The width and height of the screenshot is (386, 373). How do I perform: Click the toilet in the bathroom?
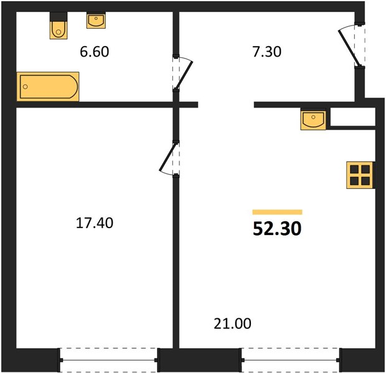(59, 25)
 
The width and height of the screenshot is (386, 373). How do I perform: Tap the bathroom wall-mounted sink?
(96, 21)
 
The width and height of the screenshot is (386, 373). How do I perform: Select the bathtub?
(48, 86)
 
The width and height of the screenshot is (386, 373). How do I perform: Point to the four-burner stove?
(360, 175)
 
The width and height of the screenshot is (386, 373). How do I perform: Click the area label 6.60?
(94, 52)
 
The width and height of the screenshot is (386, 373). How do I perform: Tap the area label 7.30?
(267, 52)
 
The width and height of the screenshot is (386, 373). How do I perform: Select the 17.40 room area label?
(95, 223)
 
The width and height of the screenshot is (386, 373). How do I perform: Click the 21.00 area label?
(232, 324)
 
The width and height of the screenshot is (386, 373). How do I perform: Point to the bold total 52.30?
(277, 229)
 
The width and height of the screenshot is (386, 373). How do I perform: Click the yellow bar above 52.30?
(278, 212)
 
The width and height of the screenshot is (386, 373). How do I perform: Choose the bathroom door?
(182, 73)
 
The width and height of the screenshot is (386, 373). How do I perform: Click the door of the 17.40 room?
(169, 159)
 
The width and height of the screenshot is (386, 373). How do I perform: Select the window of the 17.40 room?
(108, 360)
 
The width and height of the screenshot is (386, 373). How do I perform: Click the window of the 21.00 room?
(291, 360)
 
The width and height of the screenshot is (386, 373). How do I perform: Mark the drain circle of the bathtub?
(25, 86)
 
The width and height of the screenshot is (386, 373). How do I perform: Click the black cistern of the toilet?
(59, 17)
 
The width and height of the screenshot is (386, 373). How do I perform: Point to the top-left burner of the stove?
(354, 170)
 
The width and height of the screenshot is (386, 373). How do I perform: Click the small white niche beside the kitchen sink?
(352, 117)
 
